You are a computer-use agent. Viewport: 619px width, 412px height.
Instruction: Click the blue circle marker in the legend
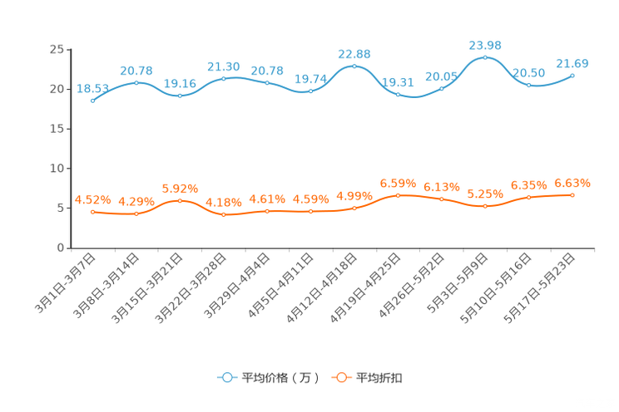[227, 377]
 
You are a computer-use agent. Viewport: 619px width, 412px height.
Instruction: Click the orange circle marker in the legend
[341, 377]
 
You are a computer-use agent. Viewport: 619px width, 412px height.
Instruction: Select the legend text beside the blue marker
[280, 378]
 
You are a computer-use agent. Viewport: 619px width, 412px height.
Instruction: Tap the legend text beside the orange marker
[380, 378]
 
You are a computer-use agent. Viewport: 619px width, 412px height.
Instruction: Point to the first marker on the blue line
[92, 100]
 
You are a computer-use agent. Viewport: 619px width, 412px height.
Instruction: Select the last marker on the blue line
[572, 76]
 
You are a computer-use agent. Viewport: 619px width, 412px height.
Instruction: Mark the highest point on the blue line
[485, 57]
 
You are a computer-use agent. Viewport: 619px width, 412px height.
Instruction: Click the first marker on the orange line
[92, 213]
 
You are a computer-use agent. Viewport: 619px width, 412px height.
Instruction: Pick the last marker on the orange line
[572, 194]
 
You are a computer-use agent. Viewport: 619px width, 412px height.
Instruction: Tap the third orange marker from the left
[180, 200]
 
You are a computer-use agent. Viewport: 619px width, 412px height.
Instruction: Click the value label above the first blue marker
[92, 87]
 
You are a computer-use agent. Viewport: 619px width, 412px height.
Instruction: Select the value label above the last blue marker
[572, 62]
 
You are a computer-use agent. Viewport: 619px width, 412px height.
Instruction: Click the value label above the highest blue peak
[485, 43]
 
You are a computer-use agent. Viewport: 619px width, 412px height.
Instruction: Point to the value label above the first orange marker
[92, 199]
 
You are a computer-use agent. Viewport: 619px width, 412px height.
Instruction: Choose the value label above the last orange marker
[572, 182]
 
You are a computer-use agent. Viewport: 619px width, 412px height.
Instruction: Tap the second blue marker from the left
[136, 82]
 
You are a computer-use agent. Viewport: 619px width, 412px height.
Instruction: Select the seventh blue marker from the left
[354, 66]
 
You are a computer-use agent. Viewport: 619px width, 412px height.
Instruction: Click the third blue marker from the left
[180, 95]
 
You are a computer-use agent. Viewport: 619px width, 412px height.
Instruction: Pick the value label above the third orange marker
[180, 188]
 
